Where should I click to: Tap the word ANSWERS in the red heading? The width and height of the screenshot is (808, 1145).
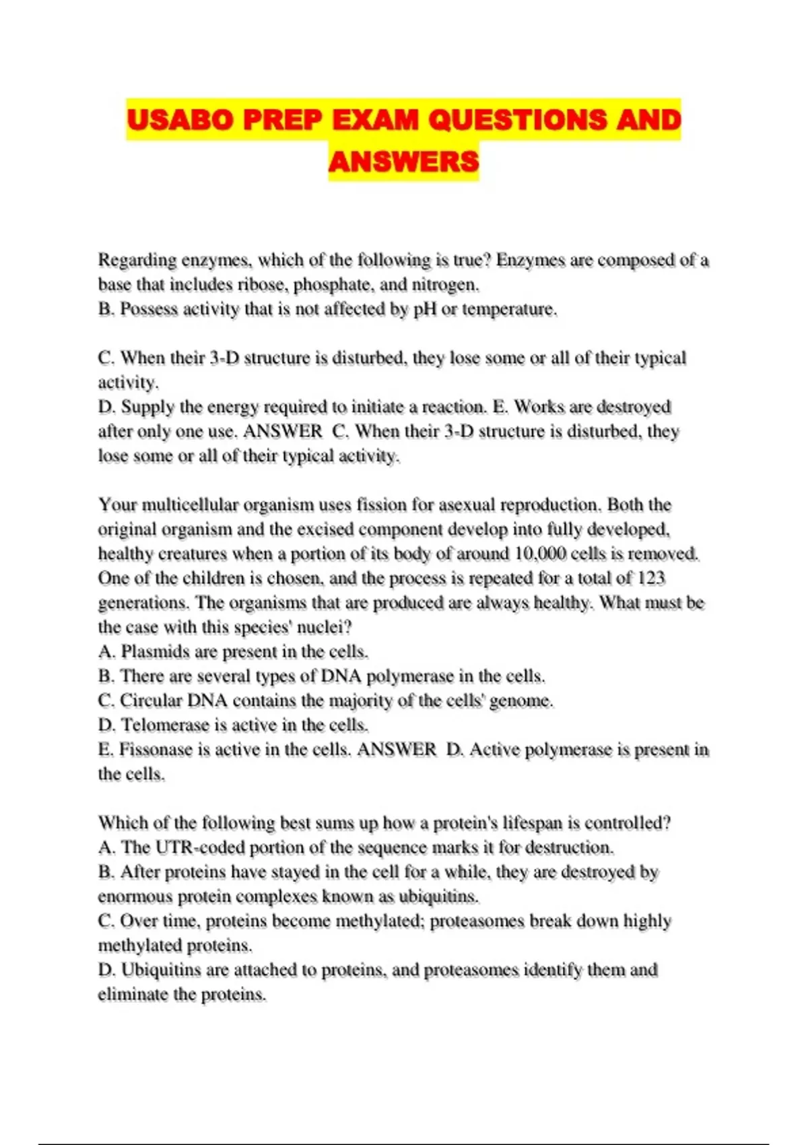(x=403, y=162)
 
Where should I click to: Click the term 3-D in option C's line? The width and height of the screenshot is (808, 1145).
(x=224, y=358)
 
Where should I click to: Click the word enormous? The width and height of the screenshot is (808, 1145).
(x=131, y=896)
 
